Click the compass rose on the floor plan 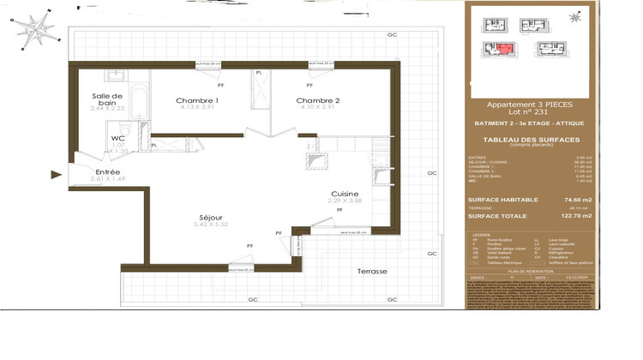[x=37, y=28]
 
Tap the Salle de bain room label [x=107, y=99]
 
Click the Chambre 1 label [x=197, y=100]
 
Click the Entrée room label [x=108, y=172]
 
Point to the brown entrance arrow [x=57, y=175]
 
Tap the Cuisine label [x=345, y=193]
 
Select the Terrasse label [x=372, y=272]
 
